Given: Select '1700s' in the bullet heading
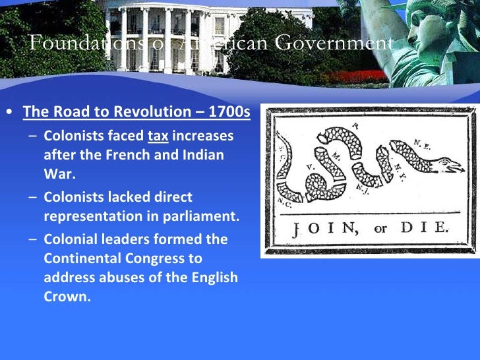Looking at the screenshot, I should click(x=229, y=111).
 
